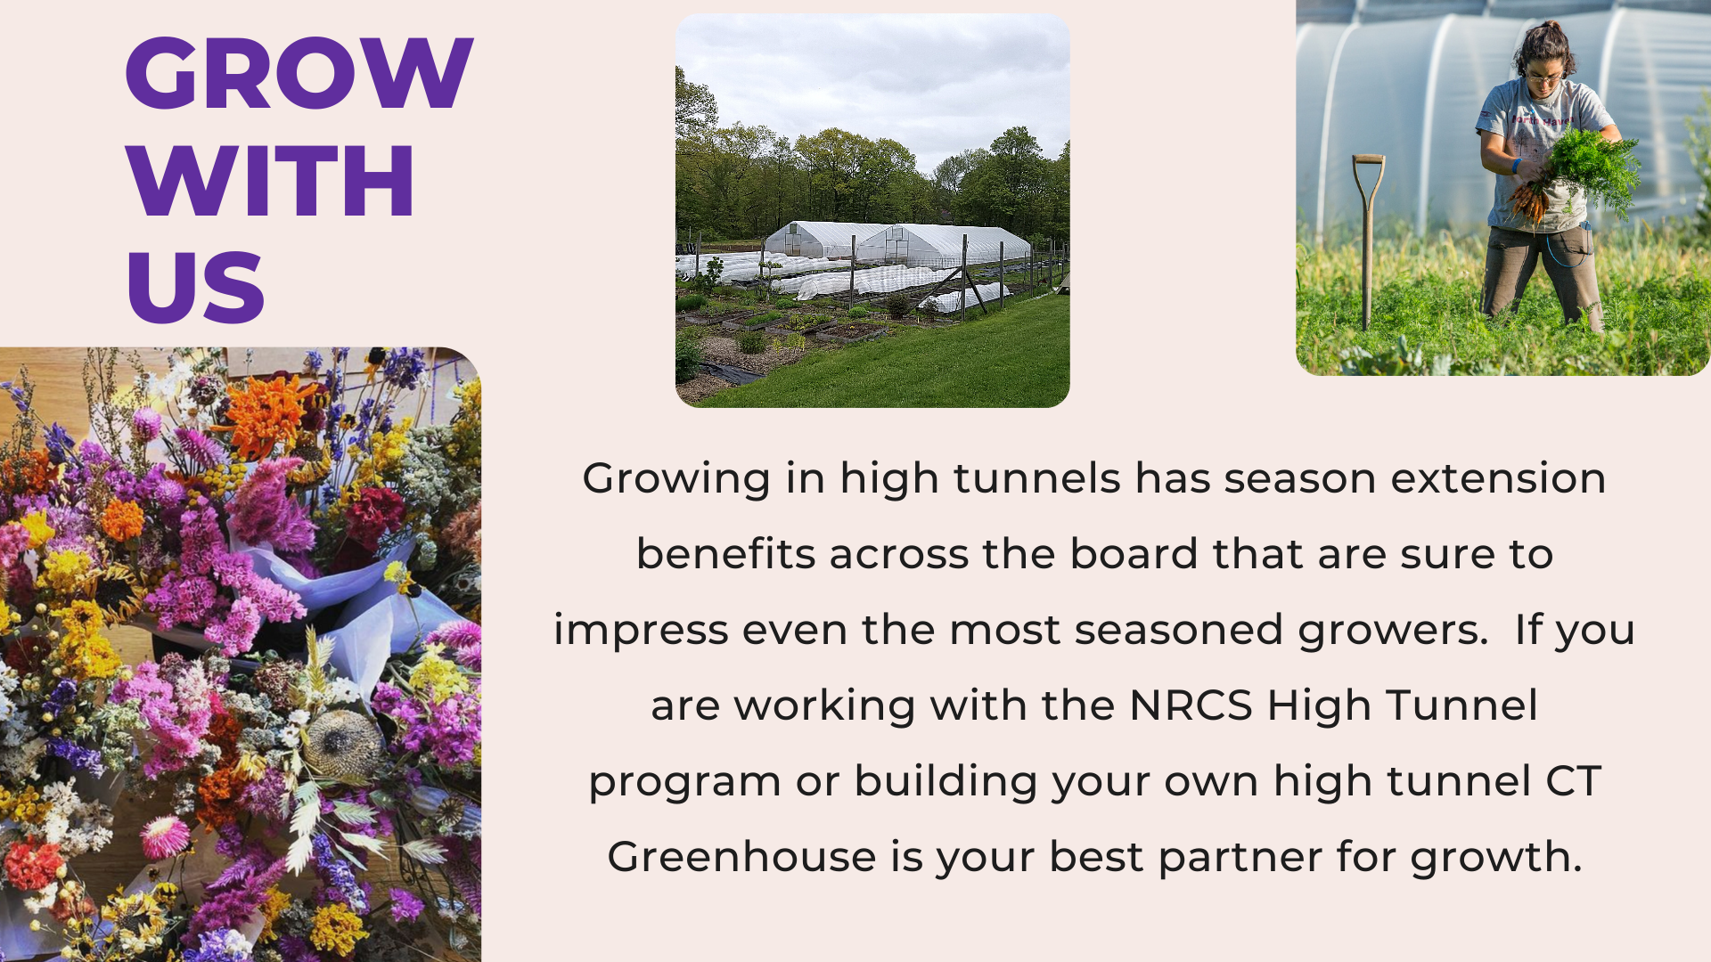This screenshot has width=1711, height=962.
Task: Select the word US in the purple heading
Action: click(196, 287)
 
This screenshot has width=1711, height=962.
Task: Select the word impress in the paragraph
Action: click(641, 631)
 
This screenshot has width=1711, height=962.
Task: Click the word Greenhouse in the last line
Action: click(741, 856)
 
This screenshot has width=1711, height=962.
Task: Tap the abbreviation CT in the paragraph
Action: click(1573, 781)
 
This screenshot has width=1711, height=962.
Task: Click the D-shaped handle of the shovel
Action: click(1368, 171)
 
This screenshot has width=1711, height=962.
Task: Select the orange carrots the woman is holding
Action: click(1529, 200)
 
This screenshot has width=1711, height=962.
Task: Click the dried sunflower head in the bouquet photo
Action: click(342, 743)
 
